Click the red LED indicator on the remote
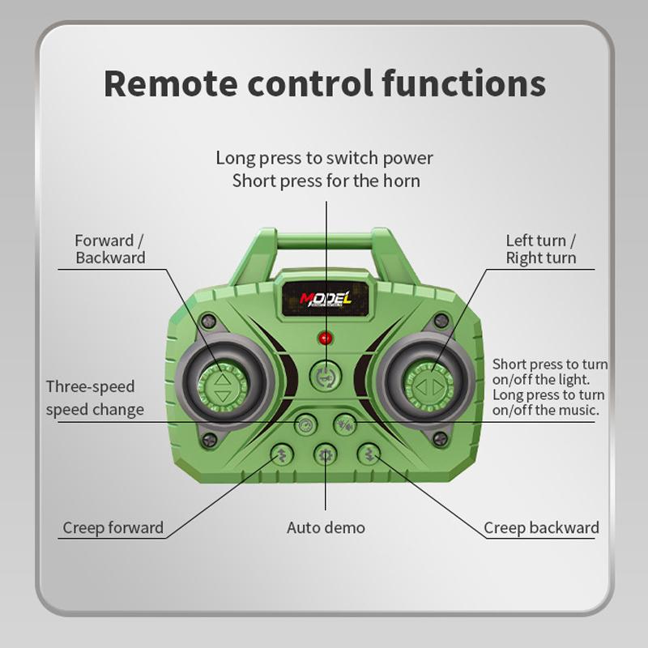(326, 338)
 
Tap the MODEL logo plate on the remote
(326, 299)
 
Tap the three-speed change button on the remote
(306, 424)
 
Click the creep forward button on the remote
(282, 454)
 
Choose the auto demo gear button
(326, 455)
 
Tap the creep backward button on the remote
(369, 454)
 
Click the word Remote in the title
(171, 84)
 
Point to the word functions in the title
(463, 83)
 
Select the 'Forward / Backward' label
(110, 249)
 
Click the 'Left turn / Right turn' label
(540, 249)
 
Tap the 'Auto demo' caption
(326, 528)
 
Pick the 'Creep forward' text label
(113, 528)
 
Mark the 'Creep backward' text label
(541, 528)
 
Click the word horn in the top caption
(401, 181)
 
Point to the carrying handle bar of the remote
(325, 241)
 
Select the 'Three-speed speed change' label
(95, 399)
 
